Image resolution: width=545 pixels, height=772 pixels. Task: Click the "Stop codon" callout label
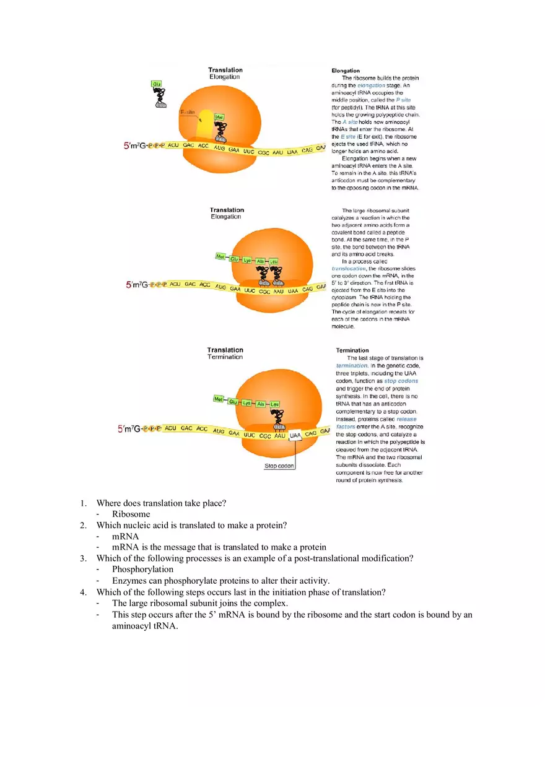point(279,466)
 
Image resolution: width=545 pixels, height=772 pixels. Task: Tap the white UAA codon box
point(295,435)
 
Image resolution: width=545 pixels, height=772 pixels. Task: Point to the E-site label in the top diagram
point(187,112)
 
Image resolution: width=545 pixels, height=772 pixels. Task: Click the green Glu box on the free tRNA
point(157,84)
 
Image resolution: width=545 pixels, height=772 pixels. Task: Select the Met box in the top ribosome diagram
point(219,116)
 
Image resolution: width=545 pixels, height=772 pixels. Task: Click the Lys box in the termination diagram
point(246,403)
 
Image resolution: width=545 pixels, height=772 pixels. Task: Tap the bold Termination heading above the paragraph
point(352,350)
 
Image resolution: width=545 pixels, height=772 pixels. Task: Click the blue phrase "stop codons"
point(401,381)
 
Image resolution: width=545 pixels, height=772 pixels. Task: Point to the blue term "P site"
point(403,100)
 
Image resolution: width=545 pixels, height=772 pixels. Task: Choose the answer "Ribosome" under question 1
point(131,514)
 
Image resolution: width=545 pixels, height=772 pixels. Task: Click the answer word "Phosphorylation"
point(142,569)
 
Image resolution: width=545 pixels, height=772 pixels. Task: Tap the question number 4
point(83,592)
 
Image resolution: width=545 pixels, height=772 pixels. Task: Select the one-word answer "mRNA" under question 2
point(125,536)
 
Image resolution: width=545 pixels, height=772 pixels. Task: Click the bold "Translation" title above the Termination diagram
point(225,350)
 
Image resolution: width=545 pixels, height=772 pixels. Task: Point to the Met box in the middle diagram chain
point(220,256)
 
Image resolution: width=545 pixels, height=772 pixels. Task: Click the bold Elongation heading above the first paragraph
point(346,71)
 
